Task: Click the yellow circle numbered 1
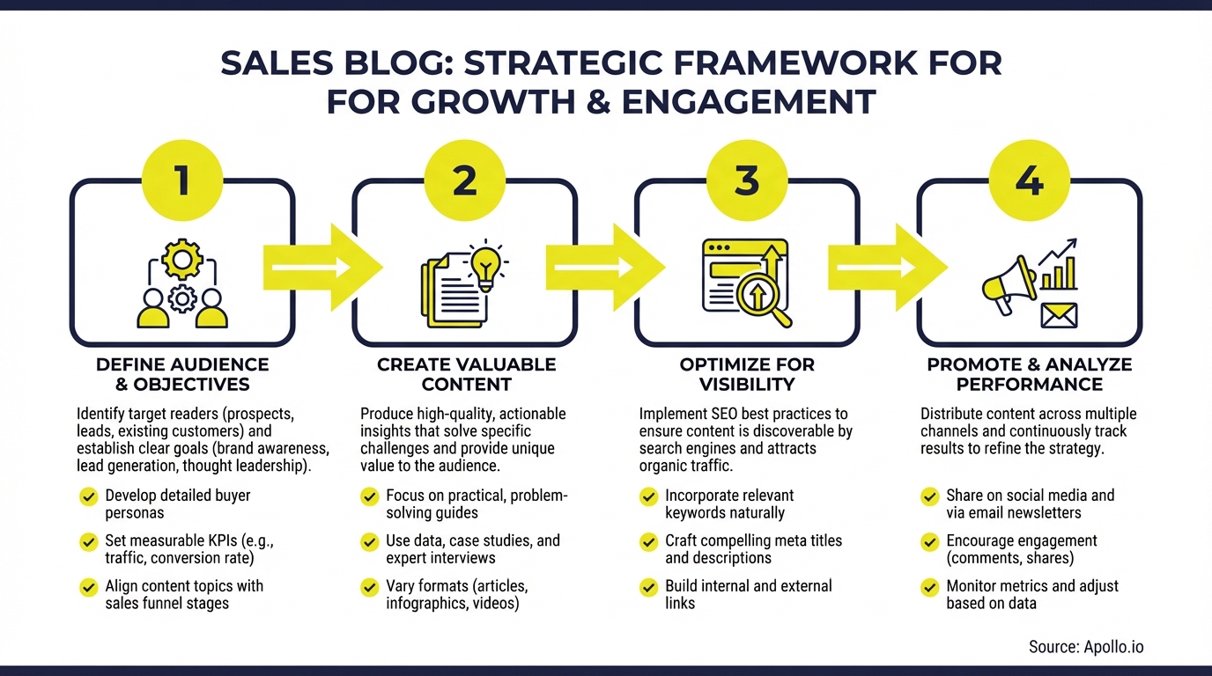point(182,180)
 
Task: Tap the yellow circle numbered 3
point(747,180)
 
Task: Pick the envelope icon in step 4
point(1059,314)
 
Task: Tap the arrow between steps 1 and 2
point(322,267)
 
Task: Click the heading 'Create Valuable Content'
point(466,374)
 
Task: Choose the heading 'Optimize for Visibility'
point(747,374)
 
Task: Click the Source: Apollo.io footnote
point(1085,647)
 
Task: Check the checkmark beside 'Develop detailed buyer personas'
point(88,496)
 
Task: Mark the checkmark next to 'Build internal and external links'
point(648,587)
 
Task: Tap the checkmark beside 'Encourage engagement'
point(929,541)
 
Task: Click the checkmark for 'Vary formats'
point(370,587)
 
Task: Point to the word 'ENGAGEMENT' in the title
point(749,101)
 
